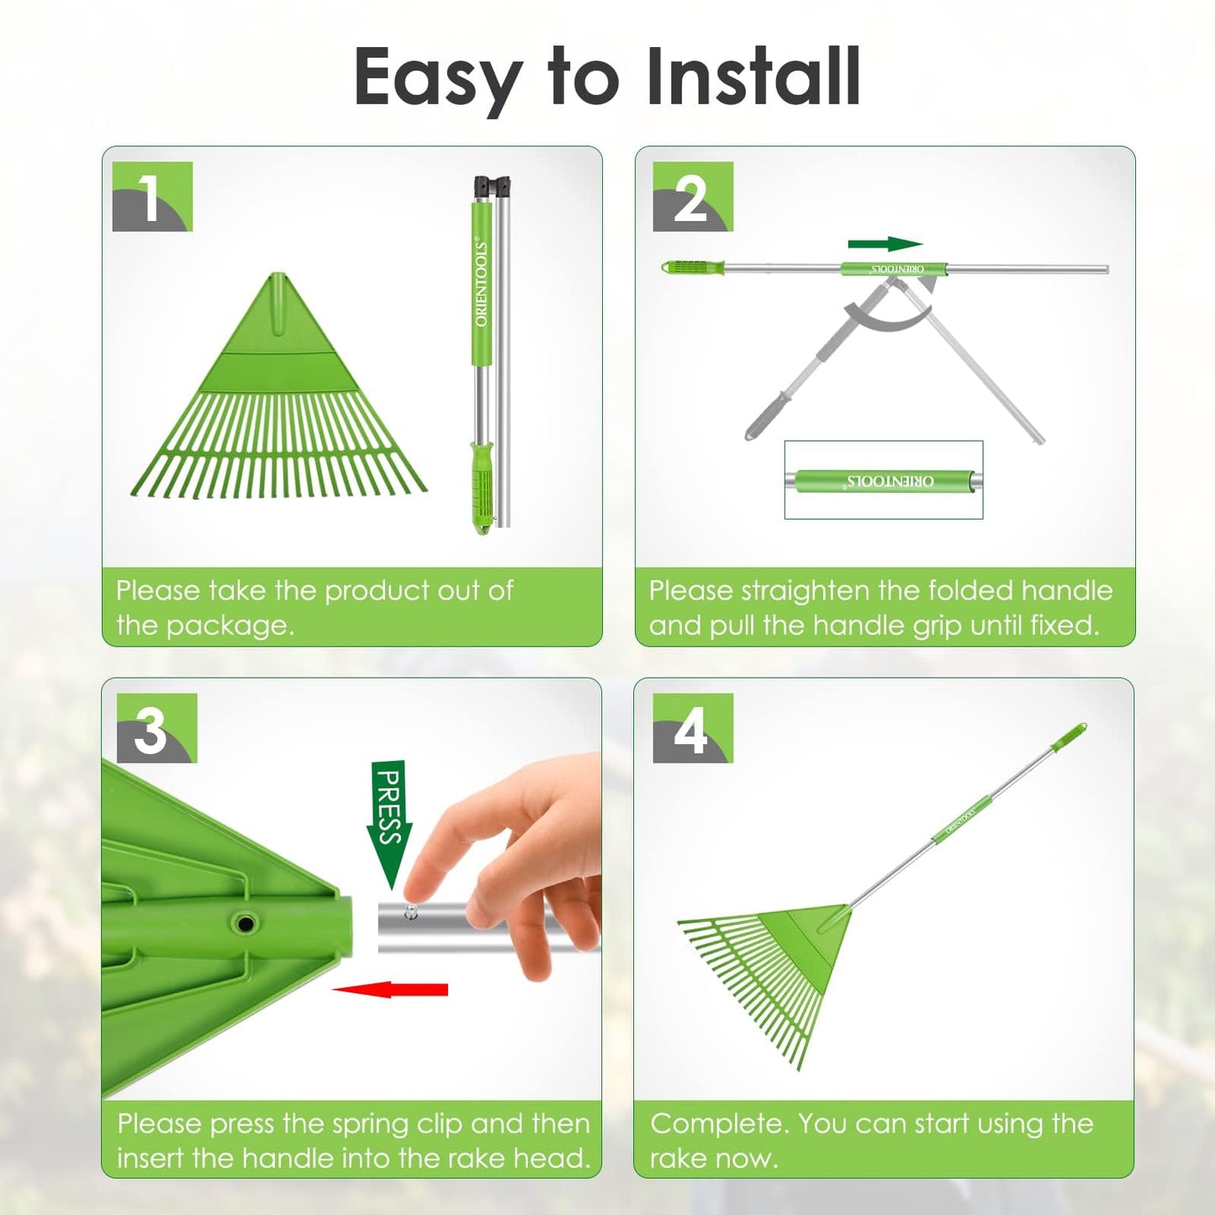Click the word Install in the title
(754, 77)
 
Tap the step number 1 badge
(152, 196)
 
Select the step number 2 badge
(692, 196)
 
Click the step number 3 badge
(156, 727)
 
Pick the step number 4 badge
(692, 727)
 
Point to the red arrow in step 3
(389, 990)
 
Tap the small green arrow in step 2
(885, 244)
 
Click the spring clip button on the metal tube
(411, 909)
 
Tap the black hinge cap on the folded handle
(492, 186)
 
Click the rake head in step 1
(278, 386)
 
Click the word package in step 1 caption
(230, 626)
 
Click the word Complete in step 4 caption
(719, 1125)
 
